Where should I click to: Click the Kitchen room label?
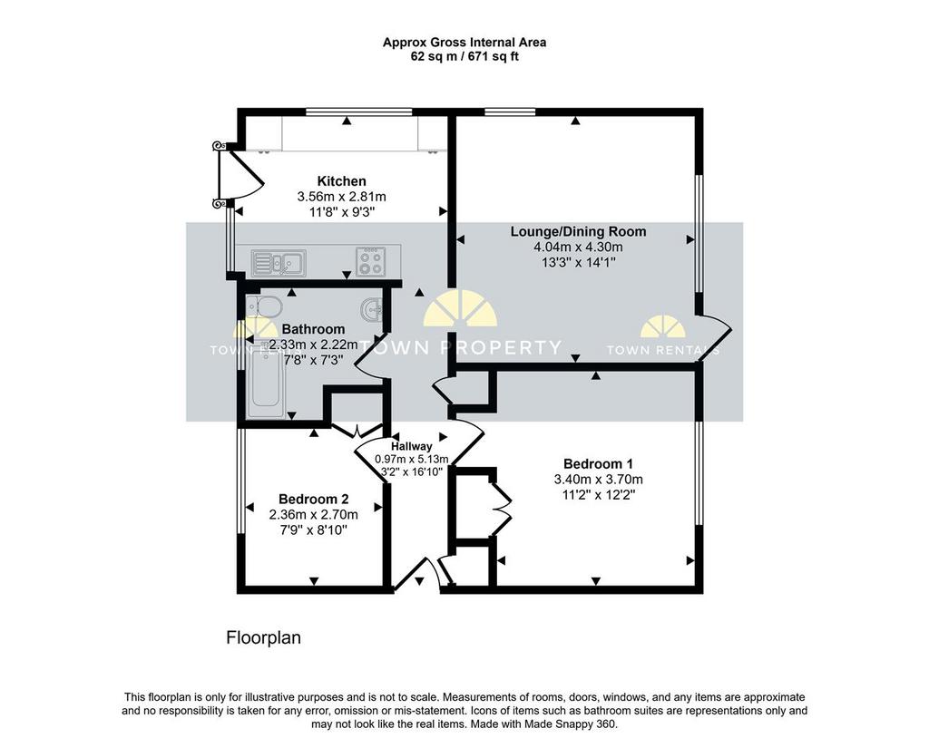tap(341, 181)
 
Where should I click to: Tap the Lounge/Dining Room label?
tap(578, 231)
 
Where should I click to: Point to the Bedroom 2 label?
tap(313, 500)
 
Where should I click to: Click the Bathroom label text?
tap(313, 329)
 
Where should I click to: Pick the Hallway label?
tap(412, 447)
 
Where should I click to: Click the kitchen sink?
tap(279, 263)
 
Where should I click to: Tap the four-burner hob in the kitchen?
tap(371, 261)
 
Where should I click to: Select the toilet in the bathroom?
tap(264, 307)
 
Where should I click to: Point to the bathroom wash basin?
tap(371, 309)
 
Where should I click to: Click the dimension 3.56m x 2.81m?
tap(341, 197)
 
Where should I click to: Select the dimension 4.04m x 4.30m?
tap(578, 247)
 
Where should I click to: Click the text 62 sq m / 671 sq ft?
tap(464, 57)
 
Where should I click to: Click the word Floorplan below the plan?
tap(264, 638)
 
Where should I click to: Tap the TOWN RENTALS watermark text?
tap(663, 350)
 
